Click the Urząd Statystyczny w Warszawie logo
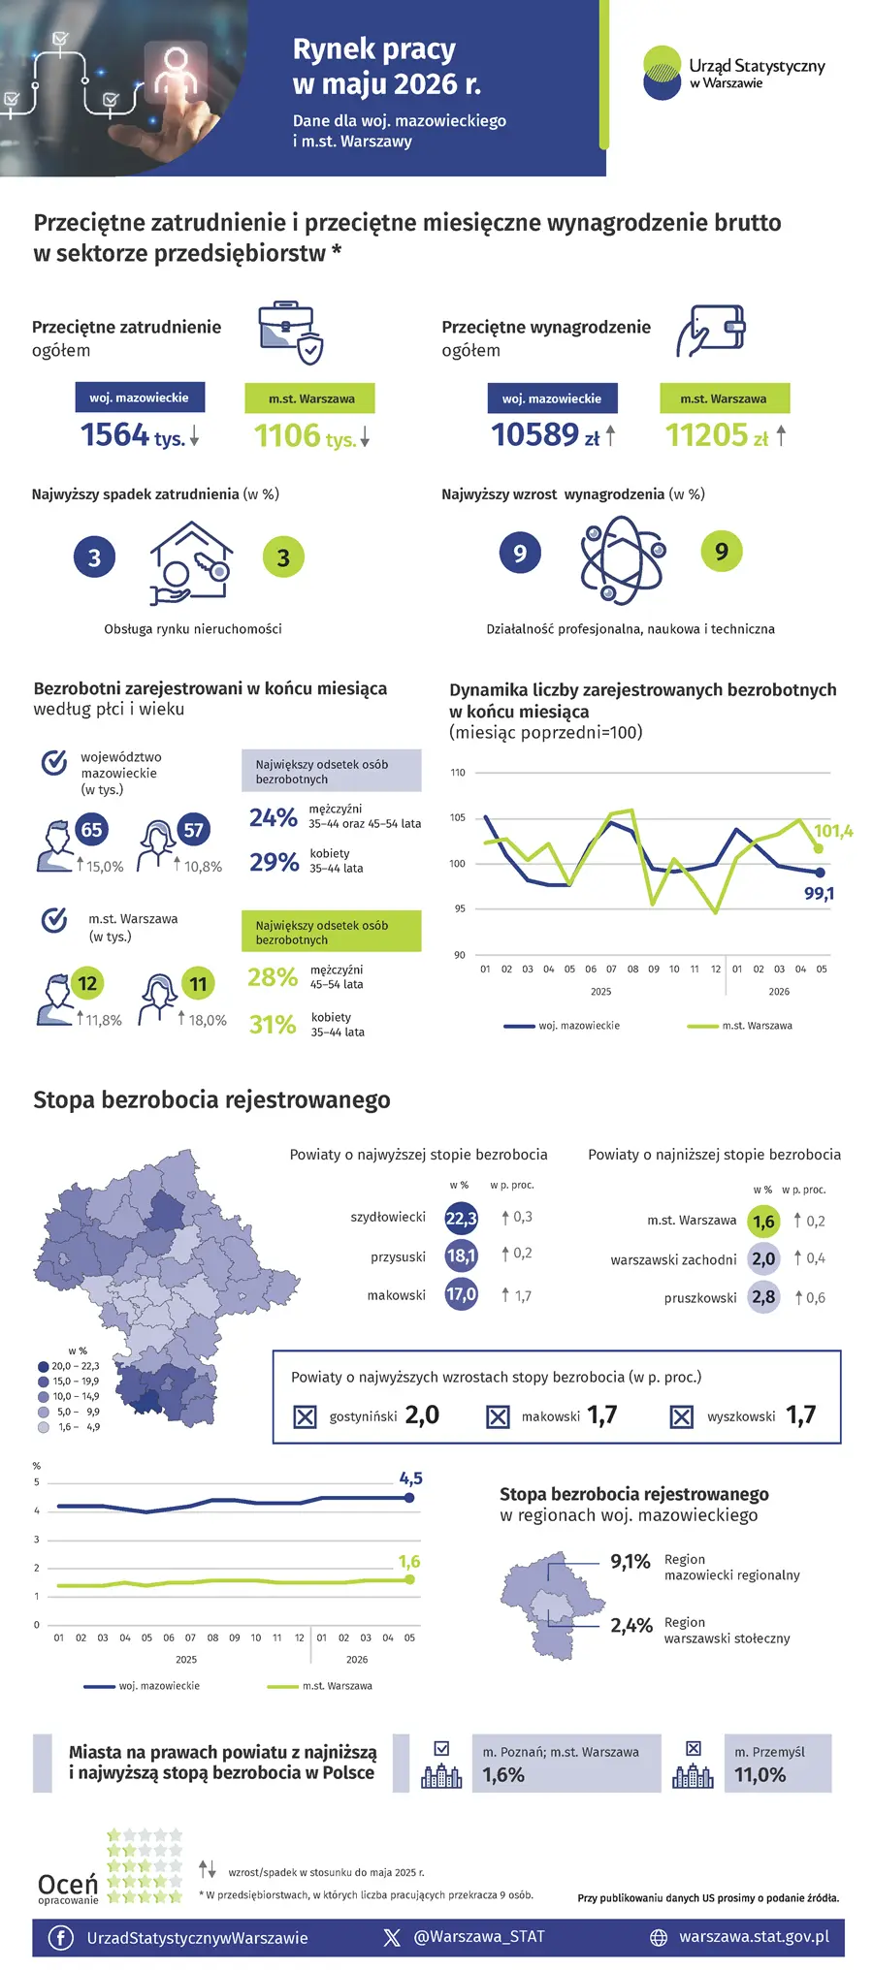pyautogui.click(x=733, y=72)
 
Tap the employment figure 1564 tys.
pyautogui.click(x=133, y=435)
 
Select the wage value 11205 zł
pyautogui.click(x=717, y=435)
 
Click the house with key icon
pyautogui.click(x=191, y=562)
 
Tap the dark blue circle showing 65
pyautogui.click(x=91, y=830)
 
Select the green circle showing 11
pyautogui.click(x=198, y=984)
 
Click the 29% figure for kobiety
pyautogui.click(x=274, y=862)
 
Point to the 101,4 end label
pyautogui.click(x=833, y=831)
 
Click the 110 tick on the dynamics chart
pyautogui.click(x=458, y=773)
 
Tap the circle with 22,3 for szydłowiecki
pyautogui.click(x=461, y=1219)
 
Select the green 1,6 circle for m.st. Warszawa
pyautogui.click(x=764, y=1222)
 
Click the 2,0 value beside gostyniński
pyautogui.click(x=422, y=1415)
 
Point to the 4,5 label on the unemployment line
pyautogui.click(x=410, y=1478)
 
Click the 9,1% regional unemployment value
pyautogui.click(x=630, y=1562)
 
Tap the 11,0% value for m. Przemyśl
pyautogui.click(x=760, y=1775)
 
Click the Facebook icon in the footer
pyautogui.click(x=60, y=1937)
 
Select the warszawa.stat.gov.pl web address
pyautogui.click(x=754, y=1937)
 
